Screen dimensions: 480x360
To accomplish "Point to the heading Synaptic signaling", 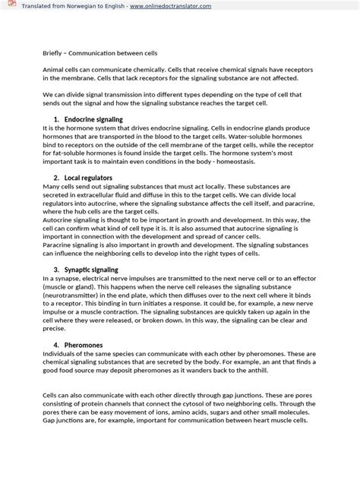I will point(91,270).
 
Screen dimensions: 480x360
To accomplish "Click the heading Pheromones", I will point(84,345).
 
